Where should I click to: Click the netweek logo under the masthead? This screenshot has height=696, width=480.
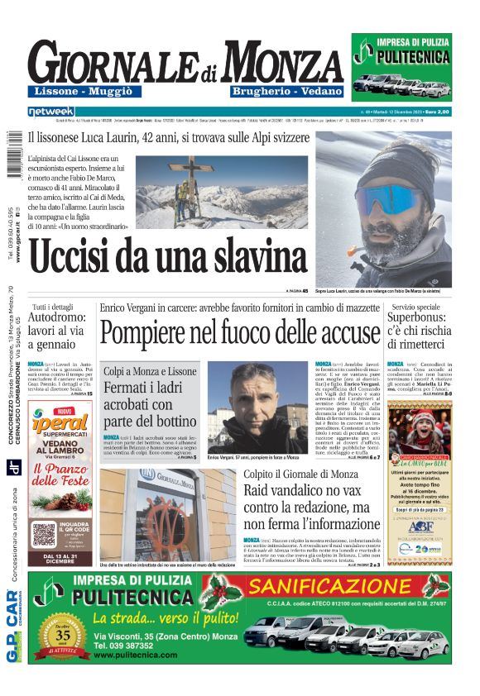coord(50,111)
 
